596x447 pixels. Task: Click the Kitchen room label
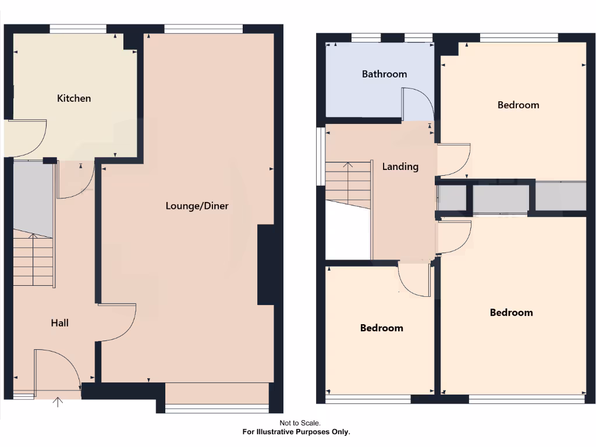(x=74, y=98)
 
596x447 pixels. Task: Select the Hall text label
(x=59, y=322)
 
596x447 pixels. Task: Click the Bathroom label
(x=384, y=74)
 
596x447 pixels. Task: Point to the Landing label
(x=400, y=166)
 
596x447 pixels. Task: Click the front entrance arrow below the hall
(x=58, y=401)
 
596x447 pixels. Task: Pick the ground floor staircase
(x=33, y=259)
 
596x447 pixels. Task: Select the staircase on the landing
(x=348, y=183)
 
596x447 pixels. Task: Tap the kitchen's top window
(x=78, y=28)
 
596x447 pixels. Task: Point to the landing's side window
(x=320, y=157)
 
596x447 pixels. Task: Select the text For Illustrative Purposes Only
(x=296, y=432)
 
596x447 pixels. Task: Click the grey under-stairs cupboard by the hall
(x=33, y=196)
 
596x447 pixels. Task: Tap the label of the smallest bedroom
(x=381, y=328)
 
